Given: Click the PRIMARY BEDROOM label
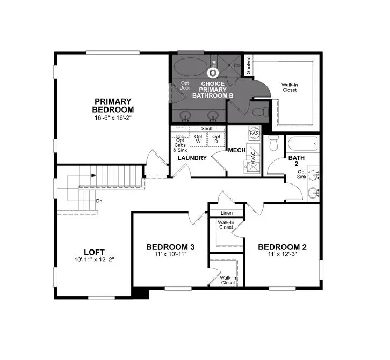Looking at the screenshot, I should [x=113, y=105].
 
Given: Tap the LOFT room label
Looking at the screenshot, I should [x=94, y=252].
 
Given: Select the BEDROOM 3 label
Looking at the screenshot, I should [x=170, y=247].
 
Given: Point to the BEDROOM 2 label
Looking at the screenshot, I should [x=282, y=247].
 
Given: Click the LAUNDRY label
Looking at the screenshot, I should [x=192, y=158].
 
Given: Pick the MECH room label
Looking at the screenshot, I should [x=236, y=150].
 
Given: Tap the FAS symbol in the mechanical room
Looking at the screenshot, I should [x=254, y=133].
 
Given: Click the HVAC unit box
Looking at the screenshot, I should [x=251, y=158].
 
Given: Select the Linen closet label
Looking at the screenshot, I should [x=226, y=214].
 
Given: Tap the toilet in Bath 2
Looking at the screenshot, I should [x=273, y=143].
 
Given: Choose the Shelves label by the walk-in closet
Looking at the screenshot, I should [x=248, y=66].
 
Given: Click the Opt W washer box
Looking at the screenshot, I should [x=198, y=138].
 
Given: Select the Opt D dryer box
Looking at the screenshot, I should [x=216, y=138].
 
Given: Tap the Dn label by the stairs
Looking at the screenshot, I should [x=99, y=201].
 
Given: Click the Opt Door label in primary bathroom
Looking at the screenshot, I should [x=185, y=86].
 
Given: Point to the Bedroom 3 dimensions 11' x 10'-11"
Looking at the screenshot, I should [x=170, y=255].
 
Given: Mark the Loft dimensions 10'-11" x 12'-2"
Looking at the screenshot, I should [x=94, y=260].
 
